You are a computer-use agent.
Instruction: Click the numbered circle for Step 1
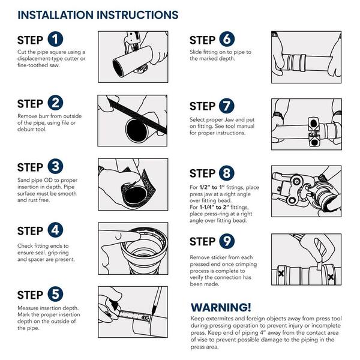[x=55, y=39]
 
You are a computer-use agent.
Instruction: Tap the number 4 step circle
[x=55, y=230]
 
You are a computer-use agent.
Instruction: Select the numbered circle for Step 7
[x=227, y=106]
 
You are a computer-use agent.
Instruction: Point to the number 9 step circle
[x=227, y=241]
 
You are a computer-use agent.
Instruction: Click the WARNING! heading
[x=221, y=307]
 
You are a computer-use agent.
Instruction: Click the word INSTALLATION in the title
[x=56, y=15]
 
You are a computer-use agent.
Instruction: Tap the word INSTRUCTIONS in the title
[x=137, y=15]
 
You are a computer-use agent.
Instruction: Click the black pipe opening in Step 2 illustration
[x=137, y=131]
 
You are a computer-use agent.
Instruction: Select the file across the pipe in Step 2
[x=137, y=115]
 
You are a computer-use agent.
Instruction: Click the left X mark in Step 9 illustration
[x=281, y=274]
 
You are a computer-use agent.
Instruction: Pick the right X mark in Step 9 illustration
[x=331, y=277]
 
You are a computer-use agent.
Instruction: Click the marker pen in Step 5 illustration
[x=157, y=301]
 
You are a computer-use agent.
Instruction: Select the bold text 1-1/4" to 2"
[x=214, y=207]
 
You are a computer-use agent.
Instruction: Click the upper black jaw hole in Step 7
[x=314, y=124]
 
